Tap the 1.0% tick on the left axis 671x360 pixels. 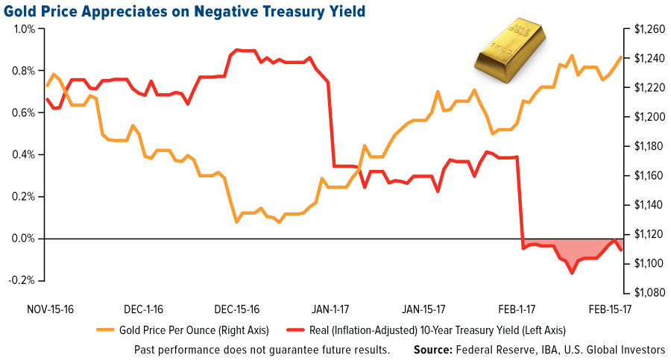pyautogui.click(x=22, y=29)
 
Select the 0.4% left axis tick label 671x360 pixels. pyautogui.click(x=22, y=155)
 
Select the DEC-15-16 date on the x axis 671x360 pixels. pyautogui.click(x=236, y=308)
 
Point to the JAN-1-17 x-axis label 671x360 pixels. pyautogui.click(x=329, y=308)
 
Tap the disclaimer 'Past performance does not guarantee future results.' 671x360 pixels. pyautogui.click(x=262, y=349)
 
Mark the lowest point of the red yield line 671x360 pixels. pyautogui.click(x=572, y=274)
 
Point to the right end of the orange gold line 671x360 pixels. pyautogui.click(x=621, y=57)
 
